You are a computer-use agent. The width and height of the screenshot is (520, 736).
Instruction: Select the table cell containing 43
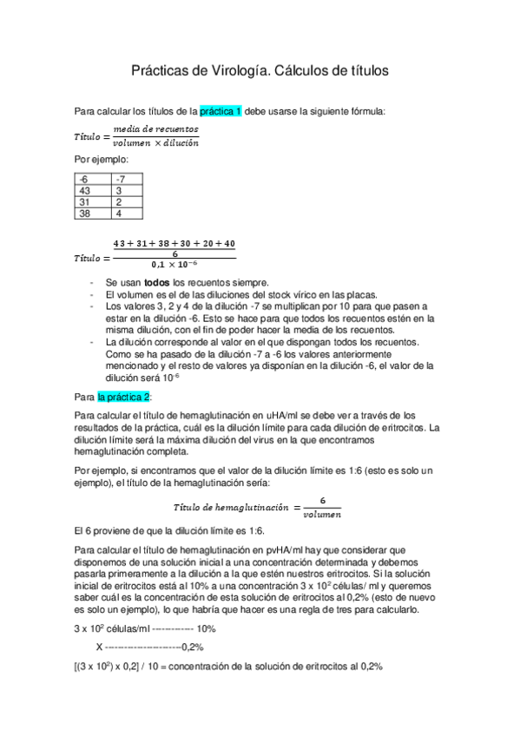(93, 190)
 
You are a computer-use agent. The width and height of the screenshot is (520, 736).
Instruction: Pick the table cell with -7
(128, 179)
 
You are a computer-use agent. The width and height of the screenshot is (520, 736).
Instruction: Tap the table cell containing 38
(93, 213)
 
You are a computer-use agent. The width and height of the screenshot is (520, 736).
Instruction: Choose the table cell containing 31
(93, 201)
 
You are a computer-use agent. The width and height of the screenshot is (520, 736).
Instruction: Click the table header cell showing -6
(93, 179)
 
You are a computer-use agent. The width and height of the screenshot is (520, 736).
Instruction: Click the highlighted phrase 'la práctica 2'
(124, 397)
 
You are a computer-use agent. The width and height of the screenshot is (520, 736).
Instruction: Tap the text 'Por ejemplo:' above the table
(102, 160)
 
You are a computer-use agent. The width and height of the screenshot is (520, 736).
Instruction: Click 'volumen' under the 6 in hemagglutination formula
(321, 514)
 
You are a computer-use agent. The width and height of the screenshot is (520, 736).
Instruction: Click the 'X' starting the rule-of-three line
(100, 647)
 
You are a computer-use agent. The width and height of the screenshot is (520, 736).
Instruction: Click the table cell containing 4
(128, 213)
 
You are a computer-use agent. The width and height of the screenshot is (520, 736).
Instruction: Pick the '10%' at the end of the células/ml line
(207, 628)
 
